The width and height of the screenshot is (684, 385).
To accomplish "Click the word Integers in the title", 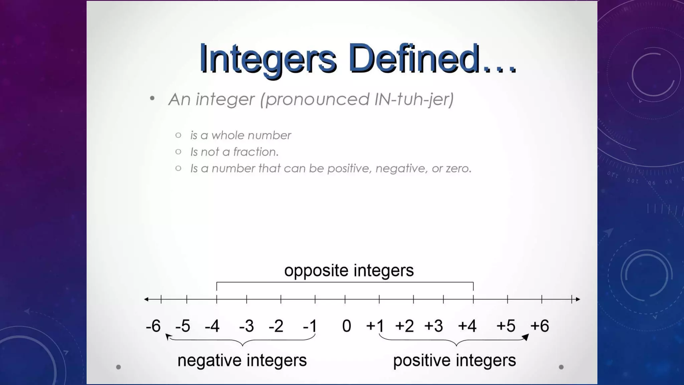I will coord(268,59).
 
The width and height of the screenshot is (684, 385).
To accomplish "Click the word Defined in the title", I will coord(414,59).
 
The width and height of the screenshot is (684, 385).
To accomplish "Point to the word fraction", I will coord(255,152).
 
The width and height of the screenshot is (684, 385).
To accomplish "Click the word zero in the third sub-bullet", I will coord(459,168).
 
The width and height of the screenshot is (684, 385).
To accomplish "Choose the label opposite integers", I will coord(349,270).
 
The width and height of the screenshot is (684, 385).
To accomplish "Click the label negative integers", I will coord(242,360).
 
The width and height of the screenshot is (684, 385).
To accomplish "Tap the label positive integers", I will coord(454,360).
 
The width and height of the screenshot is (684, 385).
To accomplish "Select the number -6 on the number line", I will coord(153,326).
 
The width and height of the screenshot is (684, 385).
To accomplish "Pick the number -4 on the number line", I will coord(212,326).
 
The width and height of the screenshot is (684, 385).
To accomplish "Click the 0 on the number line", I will coord(347,326).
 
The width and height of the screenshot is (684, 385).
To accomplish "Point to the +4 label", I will coord(467,326).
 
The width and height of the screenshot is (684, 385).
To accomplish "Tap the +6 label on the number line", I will coord(540,326).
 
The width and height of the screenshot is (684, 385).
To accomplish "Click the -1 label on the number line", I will coord(310,326).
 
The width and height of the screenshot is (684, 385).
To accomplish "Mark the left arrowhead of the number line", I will coord(146,299).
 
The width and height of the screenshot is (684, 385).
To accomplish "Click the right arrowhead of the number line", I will coord(578,299).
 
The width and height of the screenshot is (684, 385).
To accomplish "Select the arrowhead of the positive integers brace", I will coord(525,337).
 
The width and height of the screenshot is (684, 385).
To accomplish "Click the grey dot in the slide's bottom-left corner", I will coord(118,367).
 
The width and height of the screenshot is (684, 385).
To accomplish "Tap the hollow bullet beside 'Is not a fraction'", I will coord(178,152).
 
